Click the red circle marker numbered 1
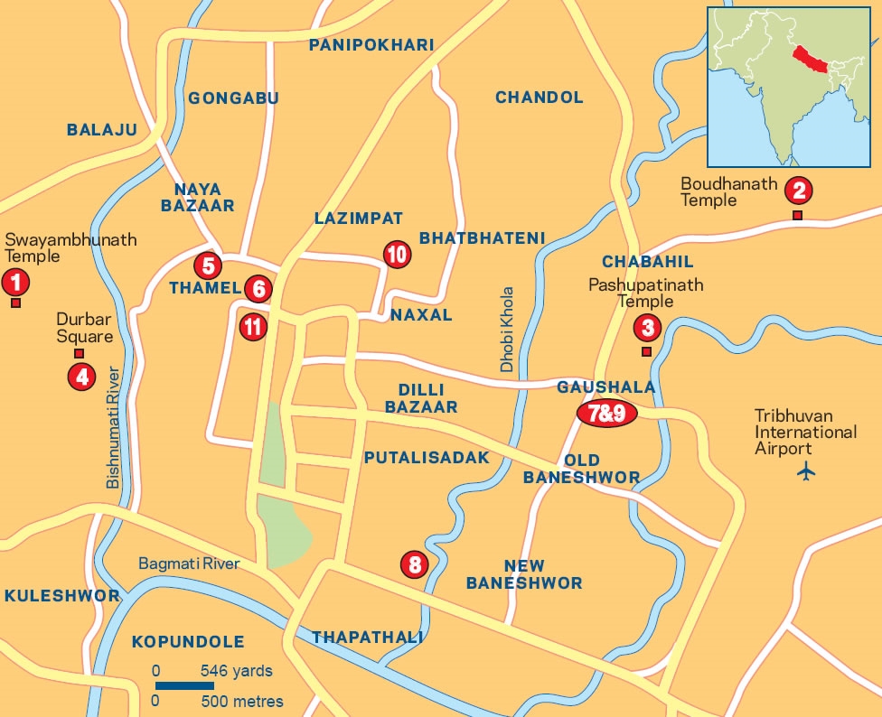14,283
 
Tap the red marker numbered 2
798,191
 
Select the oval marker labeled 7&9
607,414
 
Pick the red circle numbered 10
397,255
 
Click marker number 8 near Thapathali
414,565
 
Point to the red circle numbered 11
253,327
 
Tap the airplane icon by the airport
807,471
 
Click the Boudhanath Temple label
728,191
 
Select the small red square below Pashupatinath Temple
646,351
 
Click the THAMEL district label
205,288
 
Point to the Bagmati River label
189,563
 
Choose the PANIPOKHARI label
371,45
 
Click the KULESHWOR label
61,596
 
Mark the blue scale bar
184,685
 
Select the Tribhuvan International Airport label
805,433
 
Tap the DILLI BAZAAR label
421,398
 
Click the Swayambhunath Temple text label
70,247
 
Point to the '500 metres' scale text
241,702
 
